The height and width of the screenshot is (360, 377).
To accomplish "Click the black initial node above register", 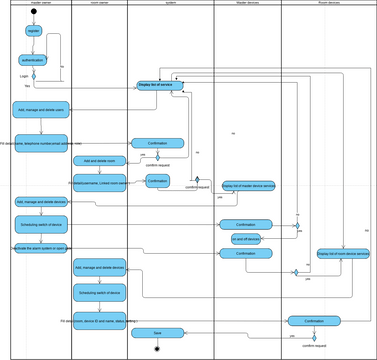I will coord(33,16).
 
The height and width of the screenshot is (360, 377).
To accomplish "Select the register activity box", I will coord(33,31).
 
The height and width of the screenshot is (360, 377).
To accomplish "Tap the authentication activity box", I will coord(33,60).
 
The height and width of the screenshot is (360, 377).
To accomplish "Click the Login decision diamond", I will coord(33,75).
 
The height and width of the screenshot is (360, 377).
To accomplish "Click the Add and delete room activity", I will coord(99,160).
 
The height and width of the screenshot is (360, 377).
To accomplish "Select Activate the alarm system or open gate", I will coord(41,248).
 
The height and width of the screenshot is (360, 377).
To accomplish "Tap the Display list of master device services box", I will coord(247,186).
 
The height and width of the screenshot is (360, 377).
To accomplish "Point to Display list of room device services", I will coord(343,254).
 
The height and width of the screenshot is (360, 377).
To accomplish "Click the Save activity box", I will coord(157,332).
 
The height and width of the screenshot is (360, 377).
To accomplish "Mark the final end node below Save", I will coord(157,348).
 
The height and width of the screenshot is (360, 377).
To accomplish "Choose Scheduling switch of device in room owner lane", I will coord(100,292).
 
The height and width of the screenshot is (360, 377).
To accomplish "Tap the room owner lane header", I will coord(99,4).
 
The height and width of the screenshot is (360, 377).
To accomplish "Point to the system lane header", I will coord(171,4).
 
